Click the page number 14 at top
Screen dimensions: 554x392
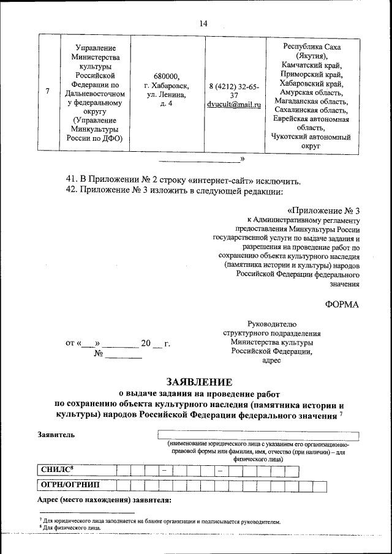[x=203, y=23]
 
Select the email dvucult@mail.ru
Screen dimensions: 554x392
[x=234, y=105]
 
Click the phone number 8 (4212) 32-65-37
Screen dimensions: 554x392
[x=234, y=91]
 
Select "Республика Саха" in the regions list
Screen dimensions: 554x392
[x=311, y=47]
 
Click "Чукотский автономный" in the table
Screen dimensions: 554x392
[x=311, y=137]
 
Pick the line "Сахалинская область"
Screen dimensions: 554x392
[x=311, y=110]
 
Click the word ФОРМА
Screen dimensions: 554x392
[x=341, y=304]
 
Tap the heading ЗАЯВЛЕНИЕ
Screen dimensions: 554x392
[x=203, y=381]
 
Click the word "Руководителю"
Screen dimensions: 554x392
[x=271, y=323]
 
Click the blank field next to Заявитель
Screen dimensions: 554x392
[x=258, y=435]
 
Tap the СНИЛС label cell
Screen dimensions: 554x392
[x=75, y=470]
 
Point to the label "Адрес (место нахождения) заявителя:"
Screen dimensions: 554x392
[x=104, y=501]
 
